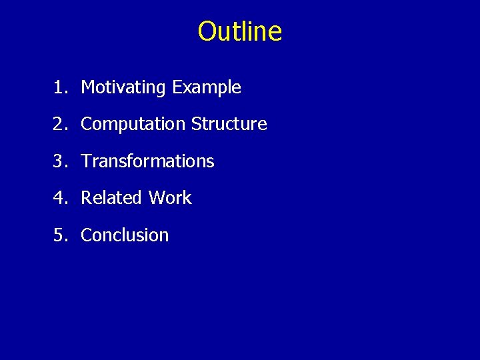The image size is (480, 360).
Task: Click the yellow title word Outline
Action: pos(240,31)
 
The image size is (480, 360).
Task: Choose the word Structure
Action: pos(229,124)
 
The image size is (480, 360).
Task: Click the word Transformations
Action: pos(147,161)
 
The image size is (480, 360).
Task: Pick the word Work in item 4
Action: pos(170,198)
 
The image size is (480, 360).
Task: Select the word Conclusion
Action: pos(125,235)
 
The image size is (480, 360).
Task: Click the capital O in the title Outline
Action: pos(207,31)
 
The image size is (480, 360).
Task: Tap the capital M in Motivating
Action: pos(87,87)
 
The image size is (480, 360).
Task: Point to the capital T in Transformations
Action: pos(85,161)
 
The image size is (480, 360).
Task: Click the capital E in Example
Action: pos(177,87)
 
